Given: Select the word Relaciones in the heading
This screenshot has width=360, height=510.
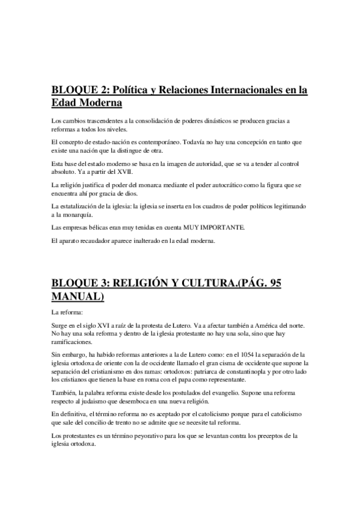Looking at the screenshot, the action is (182, 90).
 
